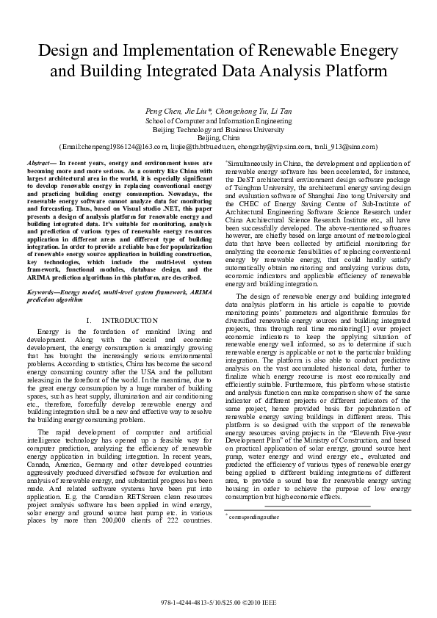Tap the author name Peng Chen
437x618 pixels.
(162, 111)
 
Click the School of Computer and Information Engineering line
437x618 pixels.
(218, 120)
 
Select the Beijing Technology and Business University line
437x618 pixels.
(218, 128)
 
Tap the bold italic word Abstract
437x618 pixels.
(37, 161)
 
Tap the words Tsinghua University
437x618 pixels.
(253, 186)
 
